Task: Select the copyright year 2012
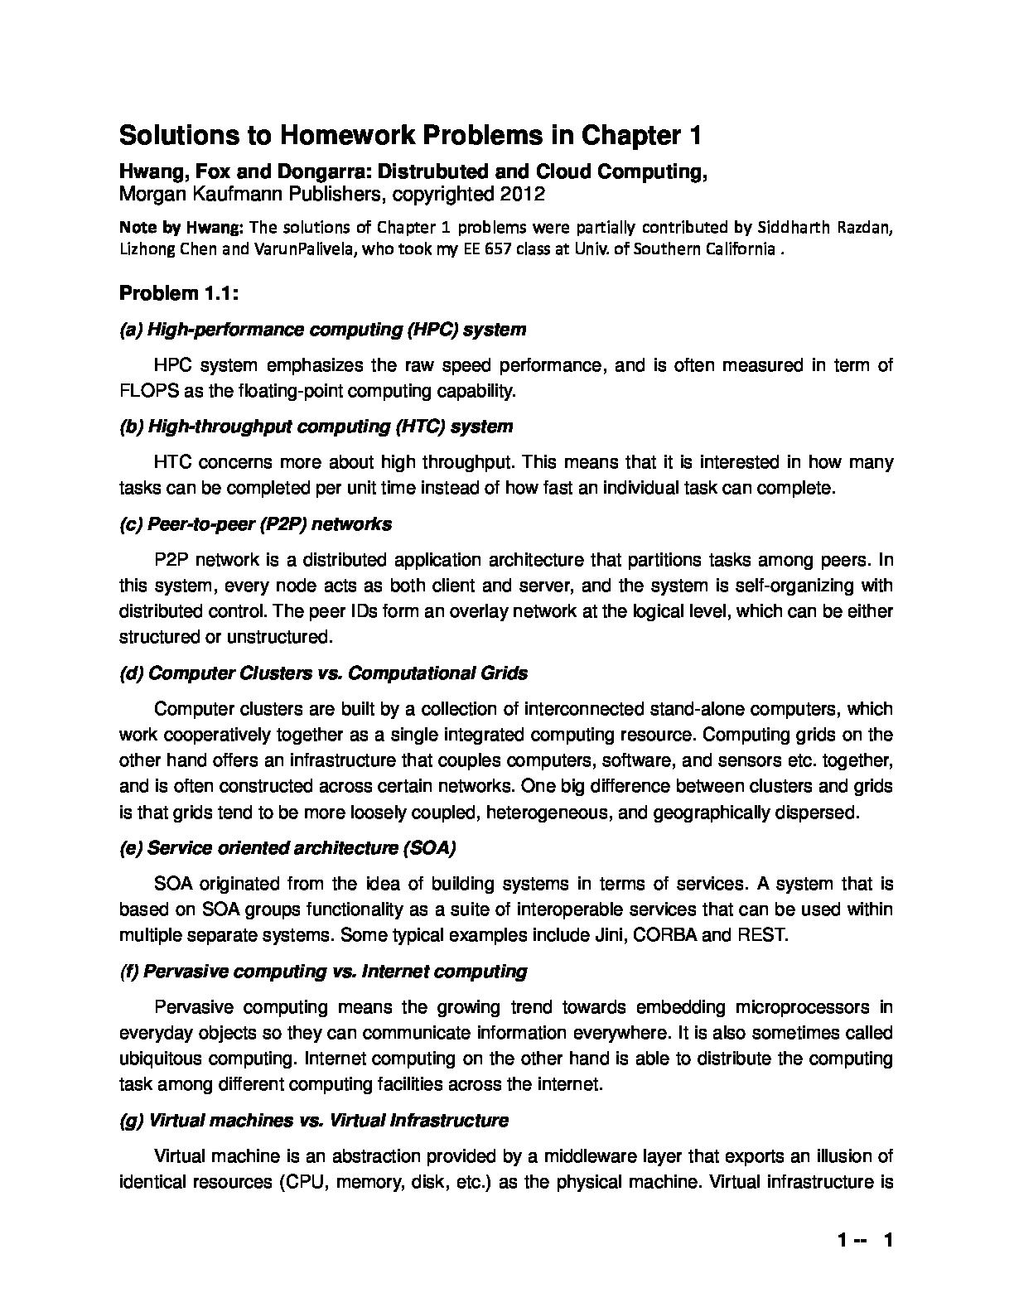pos(523,195)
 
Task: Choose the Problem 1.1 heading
pos(179,293)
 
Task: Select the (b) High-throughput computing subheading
pos(316,427)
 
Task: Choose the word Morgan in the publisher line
pos(149,195)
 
